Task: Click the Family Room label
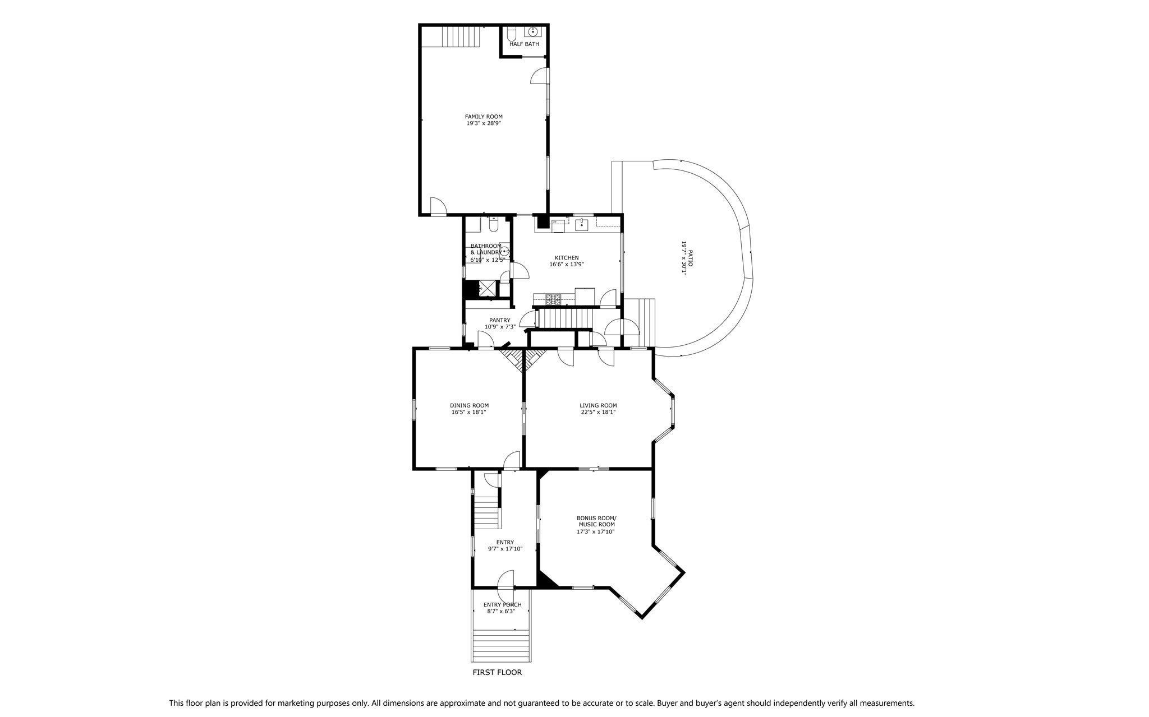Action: click(x=484, y=117)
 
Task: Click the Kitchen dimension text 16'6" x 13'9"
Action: click(x=567, y=265)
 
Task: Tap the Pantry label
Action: click(x=500, y=321)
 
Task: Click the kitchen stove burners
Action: click(x=553, y=299)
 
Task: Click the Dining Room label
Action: click(x=469, y=405)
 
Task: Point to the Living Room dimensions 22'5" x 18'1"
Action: click(x=598, y=412)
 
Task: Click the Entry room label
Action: click(x=505, y=542)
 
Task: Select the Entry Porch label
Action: click(x=503, y=605)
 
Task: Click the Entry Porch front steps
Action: click(x=501, y=645)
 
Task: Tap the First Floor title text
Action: click(x=497, y=672)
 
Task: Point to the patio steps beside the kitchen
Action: click(x=640, y=323)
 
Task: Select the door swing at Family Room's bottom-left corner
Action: click(x=438, y=206)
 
